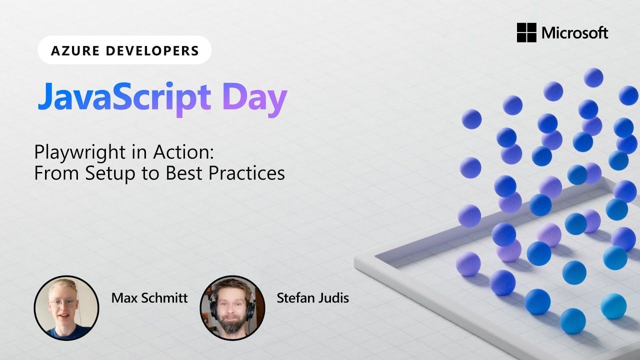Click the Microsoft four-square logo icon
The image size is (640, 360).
coord(526,33)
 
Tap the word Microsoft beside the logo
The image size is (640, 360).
coord(574,33)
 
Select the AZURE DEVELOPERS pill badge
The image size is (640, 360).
coord(124,50)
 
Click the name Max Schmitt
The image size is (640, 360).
coord(149,298)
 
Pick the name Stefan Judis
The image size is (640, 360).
coord(312,298)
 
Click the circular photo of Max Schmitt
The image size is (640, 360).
coord(66,307)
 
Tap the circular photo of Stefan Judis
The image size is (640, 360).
coord(232,307)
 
